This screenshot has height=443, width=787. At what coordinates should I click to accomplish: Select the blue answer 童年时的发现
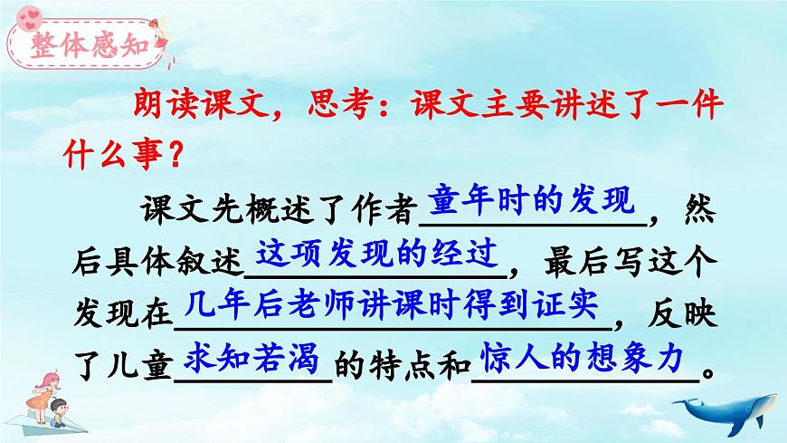540,200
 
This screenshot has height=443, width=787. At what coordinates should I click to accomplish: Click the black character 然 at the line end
699,211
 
